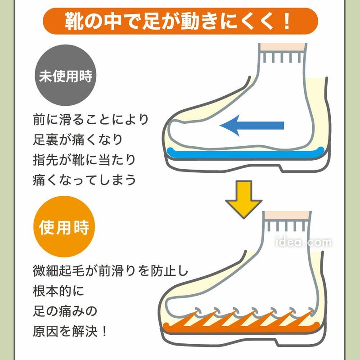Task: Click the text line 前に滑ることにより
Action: [90, 120]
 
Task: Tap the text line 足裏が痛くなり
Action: [77, 139]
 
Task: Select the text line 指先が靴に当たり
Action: [84, 160]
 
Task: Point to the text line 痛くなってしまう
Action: [84, 180]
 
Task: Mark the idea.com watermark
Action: [304, 243]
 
